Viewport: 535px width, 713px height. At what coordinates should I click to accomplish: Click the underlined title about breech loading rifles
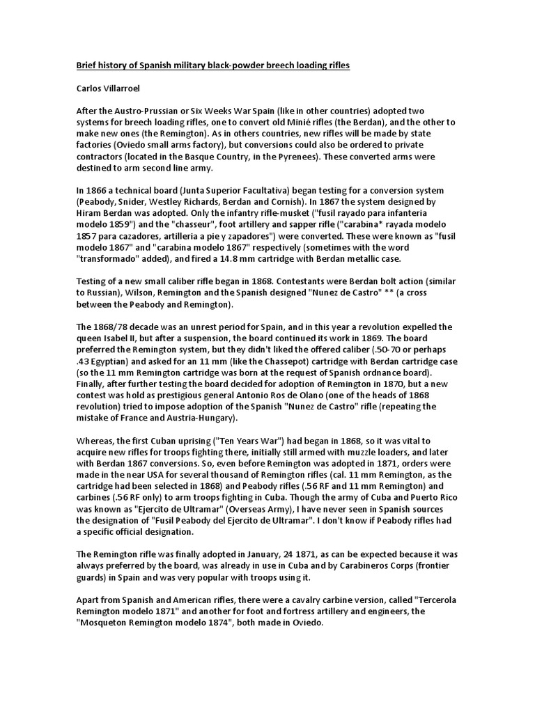pos(212,65)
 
